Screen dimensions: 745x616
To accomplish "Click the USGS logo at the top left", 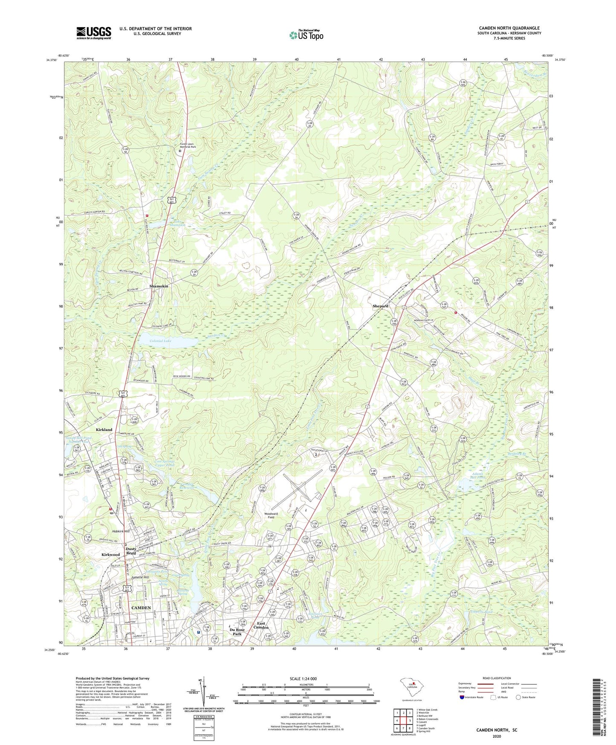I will coord(94,33).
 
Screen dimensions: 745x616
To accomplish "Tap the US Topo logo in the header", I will coord(306,35).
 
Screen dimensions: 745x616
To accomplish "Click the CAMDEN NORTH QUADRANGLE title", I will coord(509,28).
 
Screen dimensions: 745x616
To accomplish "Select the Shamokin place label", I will coord(159,286).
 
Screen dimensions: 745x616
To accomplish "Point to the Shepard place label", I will coord(380,306).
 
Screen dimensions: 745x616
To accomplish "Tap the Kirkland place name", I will coord(104,430).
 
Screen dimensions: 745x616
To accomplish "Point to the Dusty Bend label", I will coord(131,551).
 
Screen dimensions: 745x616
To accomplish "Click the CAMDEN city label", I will coord(141,607).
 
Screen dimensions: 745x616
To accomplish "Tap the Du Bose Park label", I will coord(237,632).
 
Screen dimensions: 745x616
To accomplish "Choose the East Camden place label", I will coord(261,626).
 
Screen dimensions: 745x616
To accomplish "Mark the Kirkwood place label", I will coord(110,554).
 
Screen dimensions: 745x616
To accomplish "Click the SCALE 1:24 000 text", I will coord(306,678).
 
